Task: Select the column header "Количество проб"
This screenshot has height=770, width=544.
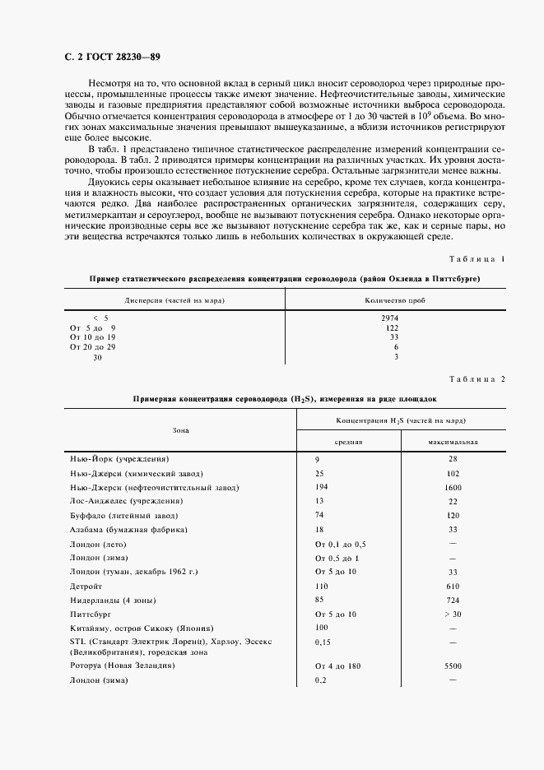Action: point(395,300)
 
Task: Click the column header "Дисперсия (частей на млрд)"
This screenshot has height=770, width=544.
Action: point(174,300)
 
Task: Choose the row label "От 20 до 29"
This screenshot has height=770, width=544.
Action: point(93,347)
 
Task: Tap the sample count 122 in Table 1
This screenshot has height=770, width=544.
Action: point(393,327)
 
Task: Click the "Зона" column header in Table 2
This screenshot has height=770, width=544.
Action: point(180,429)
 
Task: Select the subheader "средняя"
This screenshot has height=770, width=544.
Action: point(346,441)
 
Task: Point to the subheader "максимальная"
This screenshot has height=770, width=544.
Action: point(452,441)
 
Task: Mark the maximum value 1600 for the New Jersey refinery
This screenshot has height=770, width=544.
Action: point(452,487)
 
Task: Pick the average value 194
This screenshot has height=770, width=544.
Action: point(322,487)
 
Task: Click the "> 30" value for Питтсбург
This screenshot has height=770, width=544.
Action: point(452,614)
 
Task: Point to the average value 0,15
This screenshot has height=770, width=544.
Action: point(323,641)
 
